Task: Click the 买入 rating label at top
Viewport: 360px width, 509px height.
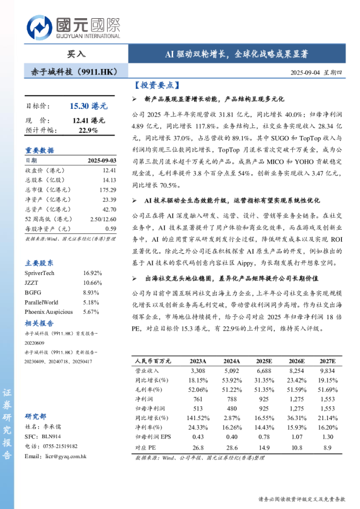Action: [x=76, y=54]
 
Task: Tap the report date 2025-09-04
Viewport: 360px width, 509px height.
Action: [x=306, y=73]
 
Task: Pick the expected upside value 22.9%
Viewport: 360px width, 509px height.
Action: [x=88, y=130]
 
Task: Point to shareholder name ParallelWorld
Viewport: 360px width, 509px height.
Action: [x=42, y=302]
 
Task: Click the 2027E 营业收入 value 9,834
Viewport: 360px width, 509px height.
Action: [x=326, y=370]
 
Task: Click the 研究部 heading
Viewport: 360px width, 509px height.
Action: [x=35, y=417]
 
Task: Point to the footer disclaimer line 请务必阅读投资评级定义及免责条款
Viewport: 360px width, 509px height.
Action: [x=301, y=499]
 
